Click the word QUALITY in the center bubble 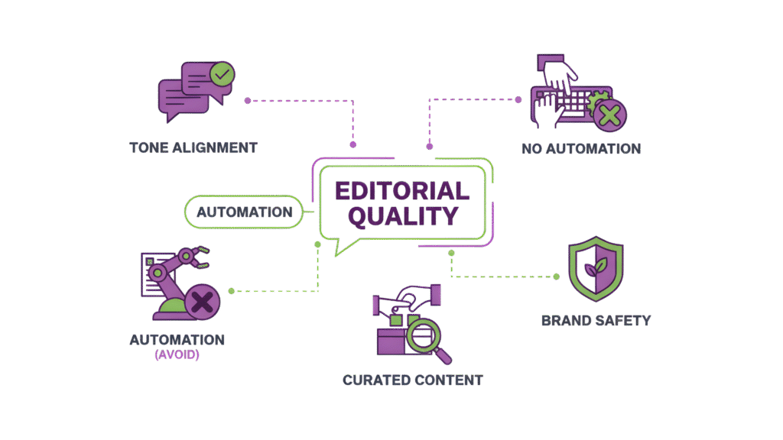pos(402,215)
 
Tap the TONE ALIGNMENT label pos(193,147)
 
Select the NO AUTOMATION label pos(581,148)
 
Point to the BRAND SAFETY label pos(596,320)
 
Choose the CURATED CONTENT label pos(413,380)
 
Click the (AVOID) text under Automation pos(177,355)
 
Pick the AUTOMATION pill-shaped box pos(244,212)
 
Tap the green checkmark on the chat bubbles pos(223,75)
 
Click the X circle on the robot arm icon pos(203,302)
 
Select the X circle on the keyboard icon pos(609,115)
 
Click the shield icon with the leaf pos(595,272)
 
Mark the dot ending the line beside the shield pos(556,277)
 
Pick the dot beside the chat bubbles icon pos(247,100)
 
